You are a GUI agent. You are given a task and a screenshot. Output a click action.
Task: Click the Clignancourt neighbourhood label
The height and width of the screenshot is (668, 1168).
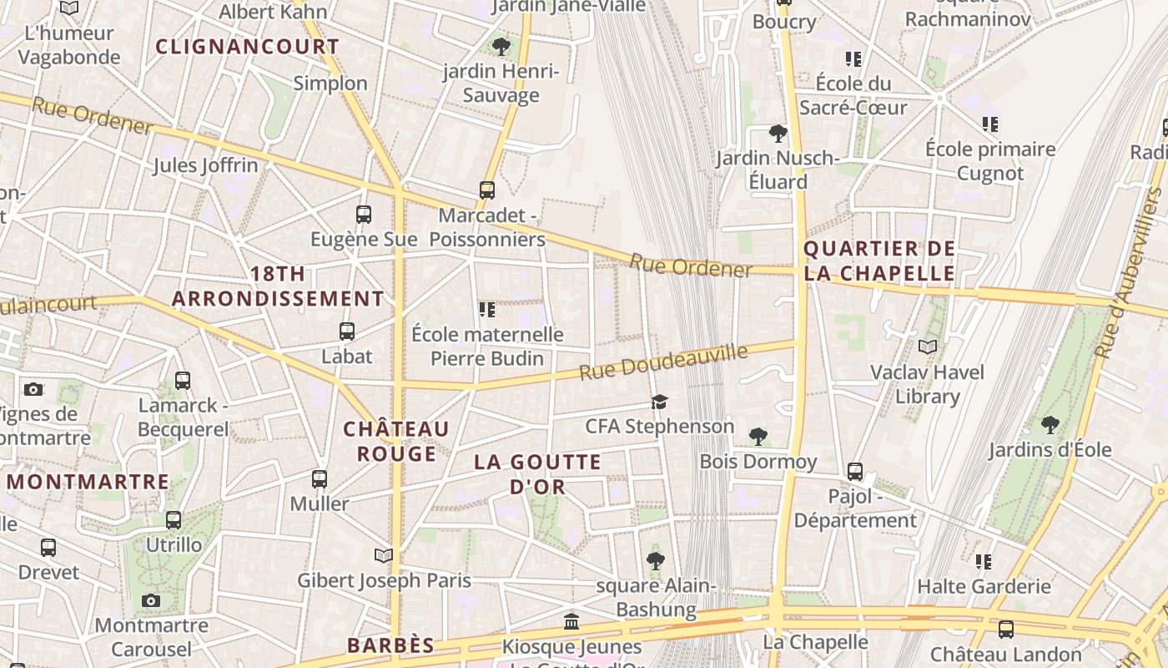point(248,47)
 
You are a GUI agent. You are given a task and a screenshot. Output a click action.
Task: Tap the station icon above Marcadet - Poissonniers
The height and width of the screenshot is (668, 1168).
point(487,190)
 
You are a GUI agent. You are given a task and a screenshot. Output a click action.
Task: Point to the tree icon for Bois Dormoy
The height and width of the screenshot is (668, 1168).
point(758,436)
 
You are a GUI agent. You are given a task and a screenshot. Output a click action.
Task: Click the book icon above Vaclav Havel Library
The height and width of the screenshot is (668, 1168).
point(928,347)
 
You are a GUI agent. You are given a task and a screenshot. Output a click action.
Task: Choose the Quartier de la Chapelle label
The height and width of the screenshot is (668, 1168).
point(879,261)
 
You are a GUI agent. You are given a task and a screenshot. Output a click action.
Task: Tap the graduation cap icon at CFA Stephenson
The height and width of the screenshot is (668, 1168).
point(660,402)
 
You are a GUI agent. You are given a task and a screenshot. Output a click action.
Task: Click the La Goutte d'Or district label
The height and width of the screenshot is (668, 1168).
point(537,474)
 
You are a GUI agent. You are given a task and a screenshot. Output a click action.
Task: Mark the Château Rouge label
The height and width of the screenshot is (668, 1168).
point(397,441)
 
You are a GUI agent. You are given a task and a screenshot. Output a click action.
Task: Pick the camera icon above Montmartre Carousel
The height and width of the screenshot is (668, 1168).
point(151,600)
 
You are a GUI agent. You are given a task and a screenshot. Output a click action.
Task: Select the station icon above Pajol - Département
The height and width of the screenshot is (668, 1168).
point(855,472)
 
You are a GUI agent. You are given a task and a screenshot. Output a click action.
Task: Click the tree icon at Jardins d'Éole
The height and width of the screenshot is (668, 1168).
point(1050,425)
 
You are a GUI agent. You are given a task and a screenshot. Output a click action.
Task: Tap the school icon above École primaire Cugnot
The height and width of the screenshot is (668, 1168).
point(990,124)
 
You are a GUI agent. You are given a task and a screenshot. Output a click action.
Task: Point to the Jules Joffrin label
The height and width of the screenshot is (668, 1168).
point(205,165)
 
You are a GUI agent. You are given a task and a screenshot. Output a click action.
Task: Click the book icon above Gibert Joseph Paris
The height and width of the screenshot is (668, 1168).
point(384,555)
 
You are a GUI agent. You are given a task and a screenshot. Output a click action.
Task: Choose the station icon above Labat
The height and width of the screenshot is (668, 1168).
point(347,331)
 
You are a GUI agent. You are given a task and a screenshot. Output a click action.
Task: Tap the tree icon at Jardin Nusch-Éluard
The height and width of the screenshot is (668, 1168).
point(778,133)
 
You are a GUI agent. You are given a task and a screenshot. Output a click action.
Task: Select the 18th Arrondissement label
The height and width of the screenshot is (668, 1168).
point(278,286)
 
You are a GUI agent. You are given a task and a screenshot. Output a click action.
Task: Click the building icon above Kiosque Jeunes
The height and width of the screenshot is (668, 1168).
point(572,621)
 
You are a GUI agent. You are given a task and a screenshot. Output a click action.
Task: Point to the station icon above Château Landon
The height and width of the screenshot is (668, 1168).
point(1006,630)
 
